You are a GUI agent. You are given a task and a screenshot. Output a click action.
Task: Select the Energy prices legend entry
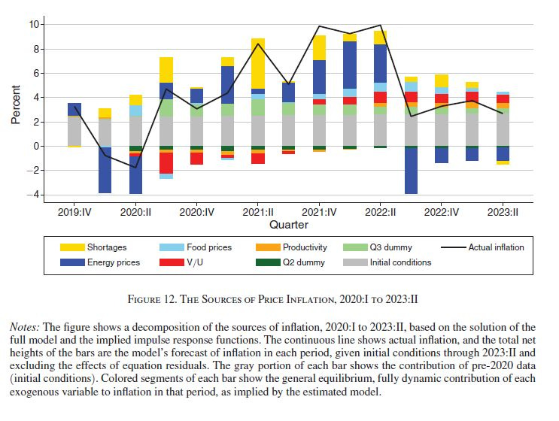click(x=114, y=262)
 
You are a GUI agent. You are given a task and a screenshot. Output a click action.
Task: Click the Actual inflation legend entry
click(x=496, y=247)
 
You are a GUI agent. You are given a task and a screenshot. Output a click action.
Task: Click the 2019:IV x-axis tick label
click(x=74, y=212)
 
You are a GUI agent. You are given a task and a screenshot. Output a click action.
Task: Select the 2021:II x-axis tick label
click(x=257, y=212)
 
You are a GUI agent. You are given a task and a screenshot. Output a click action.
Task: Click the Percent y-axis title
click(x=16, y=110)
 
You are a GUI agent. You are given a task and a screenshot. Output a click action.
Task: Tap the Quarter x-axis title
click(x=289, y=225)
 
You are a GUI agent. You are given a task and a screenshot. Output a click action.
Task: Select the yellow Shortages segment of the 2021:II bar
click(x=258, y=63)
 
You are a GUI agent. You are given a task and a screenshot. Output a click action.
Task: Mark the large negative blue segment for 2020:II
click(x=135, y=170)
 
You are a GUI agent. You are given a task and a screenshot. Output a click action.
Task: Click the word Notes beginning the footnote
click(x=25, y=327)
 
